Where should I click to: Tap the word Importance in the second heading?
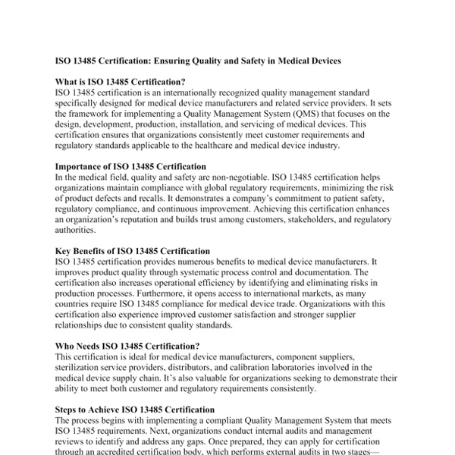pos(83,166)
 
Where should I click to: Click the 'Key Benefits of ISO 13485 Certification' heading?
pos(133,251)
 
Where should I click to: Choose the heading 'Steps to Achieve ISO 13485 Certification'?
pos(134,409)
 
